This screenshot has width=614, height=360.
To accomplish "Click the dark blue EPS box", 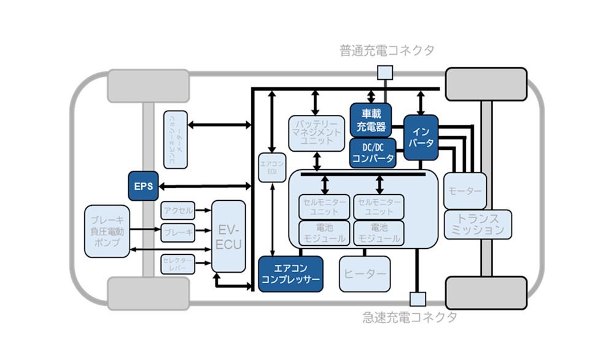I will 143,185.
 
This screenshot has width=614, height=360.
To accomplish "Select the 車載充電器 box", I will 371,120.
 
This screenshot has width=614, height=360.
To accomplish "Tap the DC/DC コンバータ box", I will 373,152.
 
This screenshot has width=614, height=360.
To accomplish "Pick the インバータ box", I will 421,137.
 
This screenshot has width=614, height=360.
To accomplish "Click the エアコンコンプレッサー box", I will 290,273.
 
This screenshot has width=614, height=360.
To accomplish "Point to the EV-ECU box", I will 228,236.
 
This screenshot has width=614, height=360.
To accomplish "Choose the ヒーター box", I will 365,273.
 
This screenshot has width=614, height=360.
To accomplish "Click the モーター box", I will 465,191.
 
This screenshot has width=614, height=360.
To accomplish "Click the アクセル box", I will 178,210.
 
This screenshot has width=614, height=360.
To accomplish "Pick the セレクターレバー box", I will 178,264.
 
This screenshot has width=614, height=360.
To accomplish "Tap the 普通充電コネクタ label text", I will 386,50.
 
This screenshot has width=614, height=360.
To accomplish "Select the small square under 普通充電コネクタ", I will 384,73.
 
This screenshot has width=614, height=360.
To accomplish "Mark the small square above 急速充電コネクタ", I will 418,299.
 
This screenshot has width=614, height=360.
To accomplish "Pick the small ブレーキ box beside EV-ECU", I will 178,233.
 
